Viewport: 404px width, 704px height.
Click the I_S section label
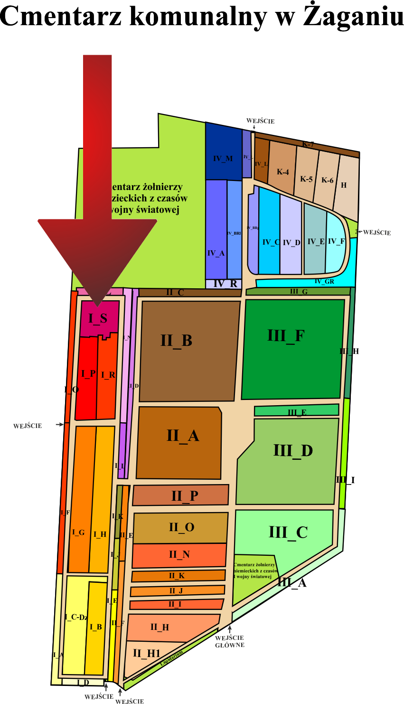[97, 319]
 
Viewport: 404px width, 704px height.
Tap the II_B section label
[176, 341]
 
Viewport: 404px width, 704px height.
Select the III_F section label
[285, 336]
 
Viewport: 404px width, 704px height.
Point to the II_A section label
[182, 436]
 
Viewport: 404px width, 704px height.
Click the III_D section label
[293, 450]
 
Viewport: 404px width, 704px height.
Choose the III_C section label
[288, 532]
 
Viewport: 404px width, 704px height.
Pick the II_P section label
[185, 496]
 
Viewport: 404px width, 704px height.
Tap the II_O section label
[181, 527]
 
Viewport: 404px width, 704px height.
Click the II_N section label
[179, 554]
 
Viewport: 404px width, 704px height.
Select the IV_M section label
[223, 158]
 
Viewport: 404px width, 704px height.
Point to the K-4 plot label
[283, 172]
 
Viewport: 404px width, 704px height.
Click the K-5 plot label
[306, 179]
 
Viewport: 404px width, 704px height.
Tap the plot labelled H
[344, 185]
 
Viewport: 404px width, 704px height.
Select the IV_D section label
[291, 243]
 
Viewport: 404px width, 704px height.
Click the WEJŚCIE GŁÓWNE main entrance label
[230, 641]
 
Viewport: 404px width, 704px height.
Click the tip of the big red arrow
[97, 305]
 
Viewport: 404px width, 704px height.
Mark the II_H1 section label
[147, 654]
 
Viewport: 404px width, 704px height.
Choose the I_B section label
[96, 627]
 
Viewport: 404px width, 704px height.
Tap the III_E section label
[297, 412]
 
